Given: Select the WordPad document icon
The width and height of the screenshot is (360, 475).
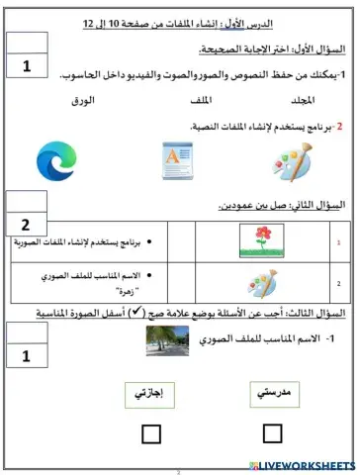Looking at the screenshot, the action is tap(181, 161).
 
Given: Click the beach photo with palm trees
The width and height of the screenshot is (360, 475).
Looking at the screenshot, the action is tap(169, 342).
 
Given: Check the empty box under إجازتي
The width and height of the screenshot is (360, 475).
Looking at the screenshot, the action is tap(151, 432).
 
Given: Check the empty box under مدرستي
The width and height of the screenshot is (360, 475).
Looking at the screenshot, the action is tap(273, 431).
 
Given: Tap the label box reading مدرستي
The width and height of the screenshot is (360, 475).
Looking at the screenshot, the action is tap(273, 393).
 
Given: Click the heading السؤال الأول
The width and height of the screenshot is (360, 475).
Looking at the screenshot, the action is tap(321, 49).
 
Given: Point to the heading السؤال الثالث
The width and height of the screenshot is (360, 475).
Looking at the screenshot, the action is tap(321, 314).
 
